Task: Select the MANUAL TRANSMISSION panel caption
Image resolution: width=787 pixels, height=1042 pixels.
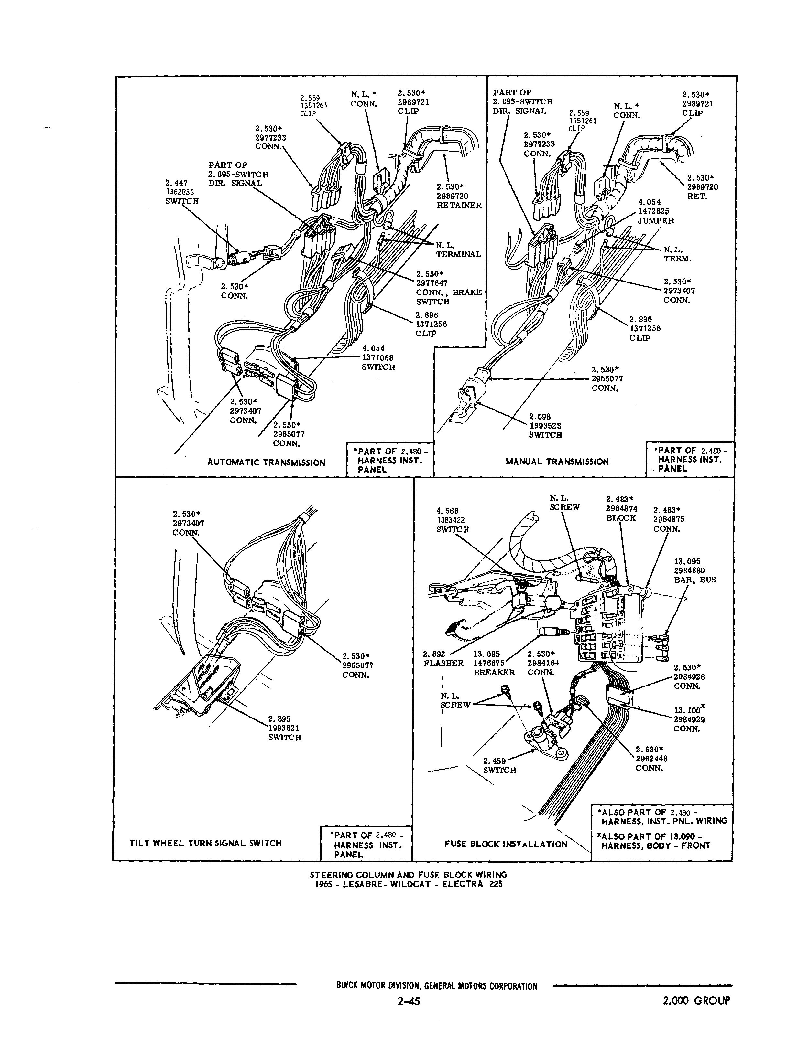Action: point(557,462)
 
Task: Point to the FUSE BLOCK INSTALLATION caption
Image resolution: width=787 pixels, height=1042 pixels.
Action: point(506,844)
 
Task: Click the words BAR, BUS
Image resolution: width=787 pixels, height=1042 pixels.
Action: point(694,580)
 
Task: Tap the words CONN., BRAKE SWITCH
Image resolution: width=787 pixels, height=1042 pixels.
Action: point(448,297)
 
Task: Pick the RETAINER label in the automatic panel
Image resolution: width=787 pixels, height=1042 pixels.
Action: point(459,205)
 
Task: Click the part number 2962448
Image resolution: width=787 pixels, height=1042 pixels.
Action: point(651,759)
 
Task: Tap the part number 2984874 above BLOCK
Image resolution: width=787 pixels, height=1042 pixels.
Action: point(621,508)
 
